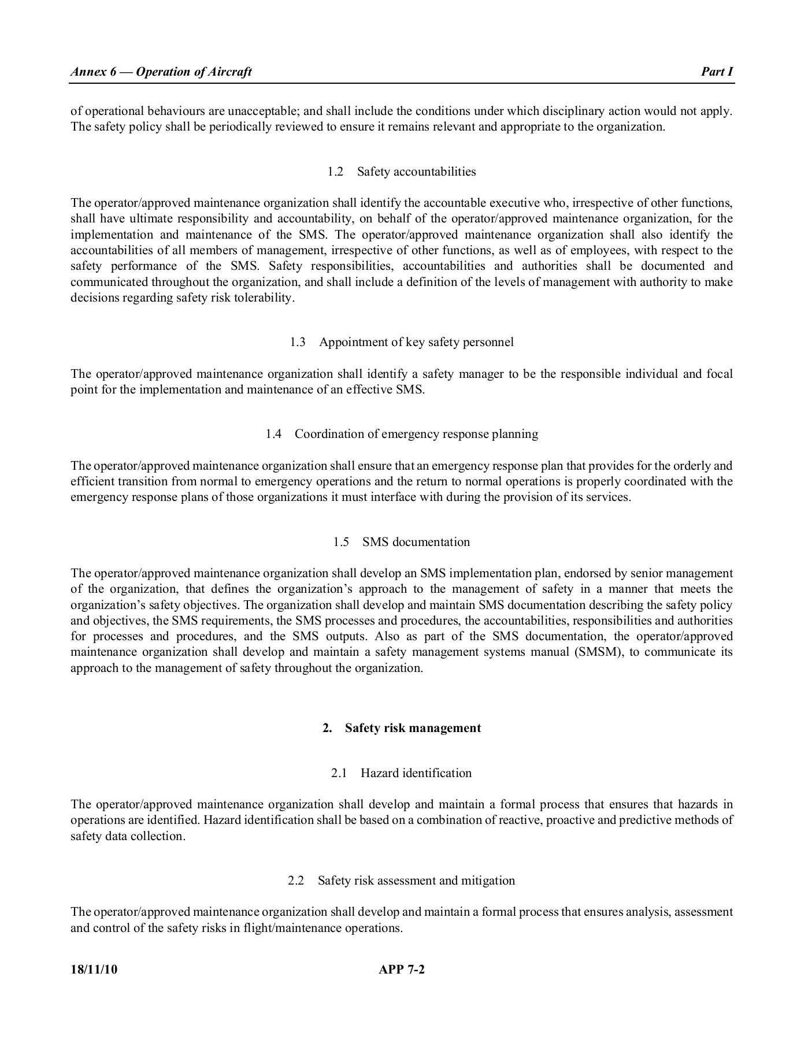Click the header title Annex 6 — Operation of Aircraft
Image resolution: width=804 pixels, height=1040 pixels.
(x=161, y=72)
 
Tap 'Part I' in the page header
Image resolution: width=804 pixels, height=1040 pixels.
(x=717, y=72)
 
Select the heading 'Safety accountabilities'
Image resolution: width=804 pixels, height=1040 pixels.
(x=416, y=172)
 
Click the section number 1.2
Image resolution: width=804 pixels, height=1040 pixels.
(x=335, y=172)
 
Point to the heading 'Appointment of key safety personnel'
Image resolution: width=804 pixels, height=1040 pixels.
(x=416, y=342)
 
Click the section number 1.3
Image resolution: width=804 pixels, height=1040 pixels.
(x=298, y=342)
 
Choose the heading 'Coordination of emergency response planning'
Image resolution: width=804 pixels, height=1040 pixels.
(x=416, y=434)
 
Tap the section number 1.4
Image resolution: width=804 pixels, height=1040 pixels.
(x=273, y=434)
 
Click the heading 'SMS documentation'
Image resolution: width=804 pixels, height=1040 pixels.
(x=416, y=542)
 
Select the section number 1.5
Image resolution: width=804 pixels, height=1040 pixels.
(x=341, y=542)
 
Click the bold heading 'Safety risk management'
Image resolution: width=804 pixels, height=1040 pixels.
(x=413, y=728)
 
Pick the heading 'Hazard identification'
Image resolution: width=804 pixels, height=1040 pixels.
(x=416, y=773)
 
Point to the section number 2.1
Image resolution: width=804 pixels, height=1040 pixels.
(x=339, y=773)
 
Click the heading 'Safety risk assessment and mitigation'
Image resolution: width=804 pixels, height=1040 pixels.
(x=416, y=881)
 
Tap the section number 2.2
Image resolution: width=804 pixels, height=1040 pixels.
(x=296, y=881)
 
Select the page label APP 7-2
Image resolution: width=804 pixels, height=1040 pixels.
(x=402, y=970)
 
